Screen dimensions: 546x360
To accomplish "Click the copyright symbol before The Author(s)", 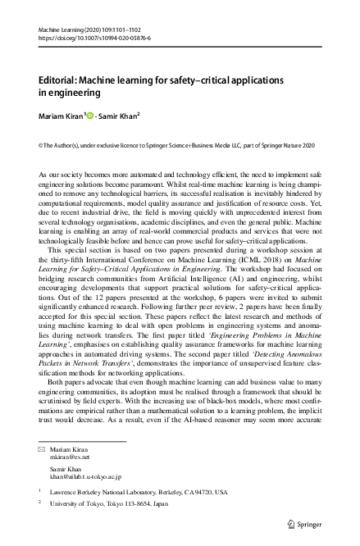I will (x=41, y=145).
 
